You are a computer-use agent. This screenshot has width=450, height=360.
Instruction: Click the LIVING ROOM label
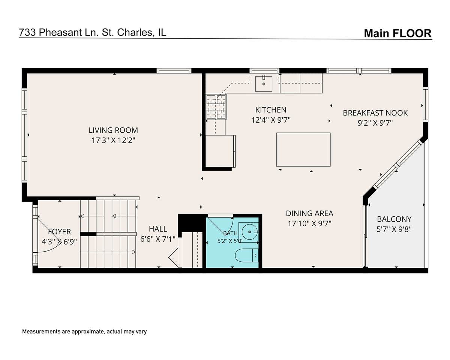[113, 130]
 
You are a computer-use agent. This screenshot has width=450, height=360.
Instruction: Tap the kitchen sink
[264, 84]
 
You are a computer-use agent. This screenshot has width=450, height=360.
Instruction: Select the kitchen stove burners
[216, 107]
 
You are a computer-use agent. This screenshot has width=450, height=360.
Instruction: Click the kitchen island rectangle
[303, 150]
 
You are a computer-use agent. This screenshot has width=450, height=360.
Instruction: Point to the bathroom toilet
[247, 255]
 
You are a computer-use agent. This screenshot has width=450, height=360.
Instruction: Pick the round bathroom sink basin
[250, 232]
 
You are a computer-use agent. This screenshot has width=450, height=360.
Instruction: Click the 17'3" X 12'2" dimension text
[113, 140]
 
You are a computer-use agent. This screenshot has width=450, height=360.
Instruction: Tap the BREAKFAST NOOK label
[375, 113]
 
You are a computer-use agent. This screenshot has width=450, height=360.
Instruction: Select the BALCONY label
[394, 219]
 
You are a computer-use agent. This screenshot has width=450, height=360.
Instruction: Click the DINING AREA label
[309, 213]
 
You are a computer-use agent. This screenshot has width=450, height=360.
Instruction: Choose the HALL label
[158, 229]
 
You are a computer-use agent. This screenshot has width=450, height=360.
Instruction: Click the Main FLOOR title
[398, 33]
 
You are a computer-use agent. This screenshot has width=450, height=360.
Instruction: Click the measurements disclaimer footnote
[84, 331]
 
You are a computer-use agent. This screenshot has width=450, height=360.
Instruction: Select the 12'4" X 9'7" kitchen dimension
[271, 120]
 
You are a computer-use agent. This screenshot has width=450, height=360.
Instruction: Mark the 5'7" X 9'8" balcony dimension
[394, 229]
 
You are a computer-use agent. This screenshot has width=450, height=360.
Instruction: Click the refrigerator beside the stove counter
[220, 151]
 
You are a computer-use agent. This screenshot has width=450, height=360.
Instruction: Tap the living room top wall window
[174, 71]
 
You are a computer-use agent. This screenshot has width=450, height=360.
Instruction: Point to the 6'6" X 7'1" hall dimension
[157, 239]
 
